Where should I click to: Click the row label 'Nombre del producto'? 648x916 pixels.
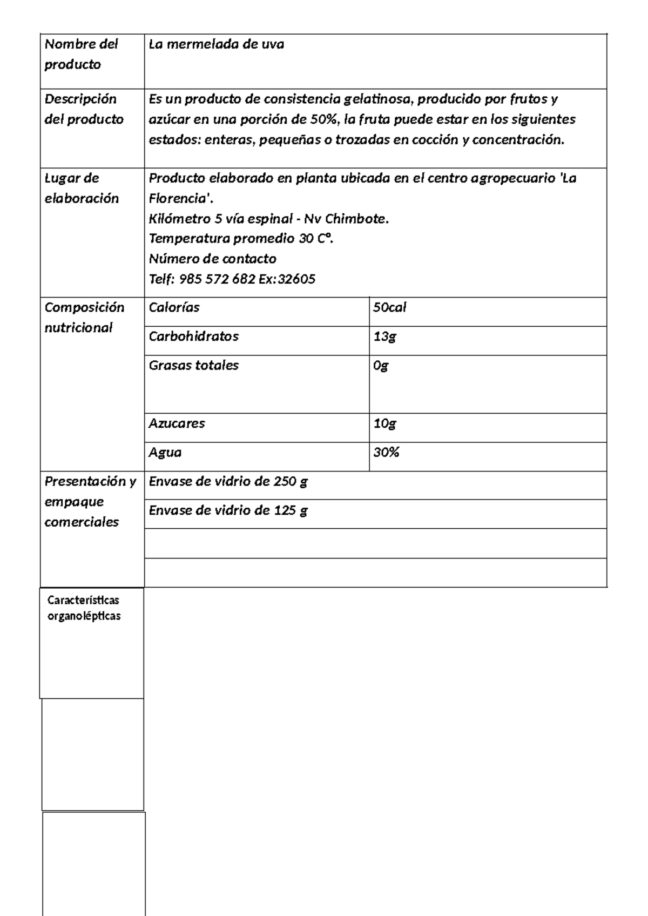[x=81, y=54]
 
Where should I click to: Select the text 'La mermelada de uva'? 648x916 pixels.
[x=216, y=44]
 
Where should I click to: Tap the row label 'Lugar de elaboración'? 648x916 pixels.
[x=81, y=188]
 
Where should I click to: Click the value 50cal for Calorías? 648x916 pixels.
[x=389, y=308]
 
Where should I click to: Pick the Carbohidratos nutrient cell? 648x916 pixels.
[x=193, y=336]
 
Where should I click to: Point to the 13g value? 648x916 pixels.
[x=384, y=336]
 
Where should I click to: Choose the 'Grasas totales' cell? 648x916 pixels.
[x=193, y=366]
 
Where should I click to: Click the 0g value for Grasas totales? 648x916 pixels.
[x=381, y=366]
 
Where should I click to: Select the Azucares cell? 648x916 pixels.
[x=177, y=423]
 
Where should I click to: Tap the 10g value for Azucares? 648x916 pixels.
[x=384, y=423]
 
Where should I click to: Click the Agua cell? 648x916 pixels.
[x=165, y=453]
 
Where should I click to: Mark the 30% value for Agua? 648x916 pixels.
[x=386, y=453]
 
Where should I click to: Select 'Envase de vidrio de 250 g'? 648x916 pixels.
[x=228, y=482]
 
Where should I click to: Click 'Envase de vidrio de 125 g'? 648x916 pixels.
[x=228, y=510]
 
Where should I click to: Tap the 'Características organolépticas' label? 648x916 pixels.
[x=84, y=608]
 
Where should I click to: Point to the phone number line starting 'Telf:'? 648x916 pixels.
[x=232, y=279]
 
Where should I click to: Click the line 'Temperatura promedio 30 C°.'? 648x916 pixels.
[x=241, y=239]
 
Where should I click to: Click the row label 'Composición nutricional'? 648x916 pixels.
[x=84, y=318]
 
